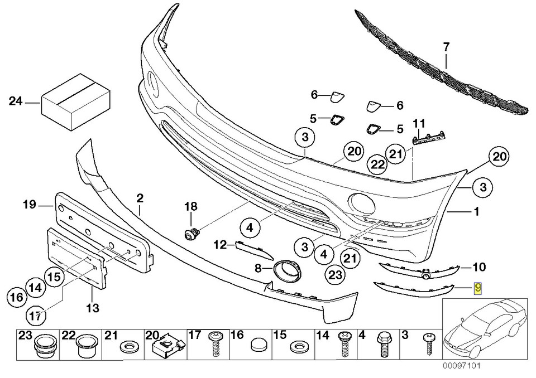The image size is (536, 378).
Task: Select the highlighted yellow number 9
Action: click(478, 288)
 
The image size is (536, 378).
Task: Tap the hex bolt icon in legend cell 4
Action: click(384, 345)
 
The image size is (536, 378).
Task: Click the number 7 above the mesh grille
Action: click(446, 48)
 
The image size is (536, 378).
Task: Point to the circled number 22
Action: click(379, 164)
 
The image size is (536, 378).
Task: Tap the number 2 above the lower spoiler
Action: click(139, 198)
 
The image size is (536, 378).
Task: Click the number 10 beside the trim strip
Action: click(479, 266)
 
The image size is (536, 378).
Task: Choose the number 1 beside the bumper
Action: click(476, 212)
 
